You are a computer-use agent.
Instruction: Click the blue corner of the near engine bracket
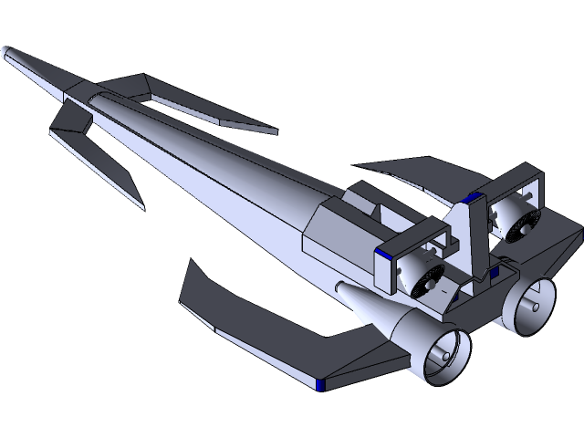click(388, 255)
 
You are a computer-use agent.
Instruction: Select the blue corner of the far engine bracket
click(472, 198)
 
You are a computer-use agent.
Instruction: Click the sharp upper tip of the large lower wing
click(193, 263)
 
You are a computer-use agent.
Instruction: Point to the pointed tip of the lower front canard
click(141, 206)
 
